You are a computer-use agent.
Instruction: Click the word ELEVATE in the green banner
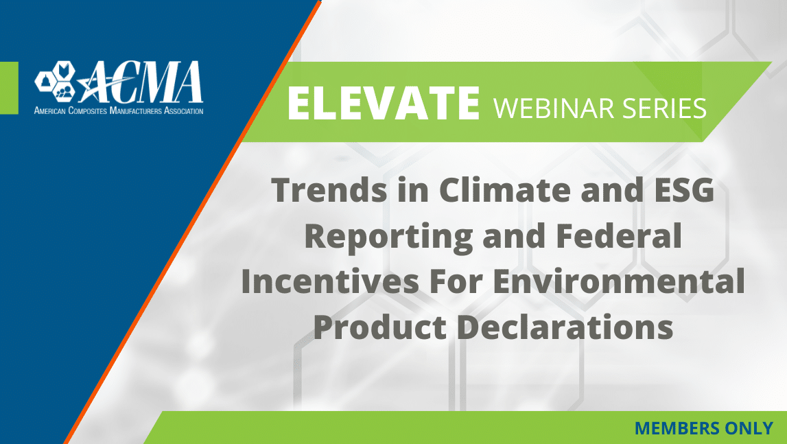point(384,103)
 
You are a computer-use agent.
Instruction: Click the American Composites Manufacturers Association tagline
point(119,110)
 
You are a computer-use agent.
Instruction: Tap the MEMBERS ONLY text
point(704,428)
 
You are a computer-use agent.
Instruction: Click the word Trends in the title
point(329,190)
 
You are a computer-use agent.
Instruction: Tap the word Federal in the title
point(619,235)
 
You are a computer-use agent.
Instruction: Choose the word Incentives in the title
point(330,281)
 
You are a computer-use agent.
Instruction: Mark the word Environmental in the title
point(618,281)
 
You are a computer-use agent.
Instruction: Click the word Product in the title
point(380,327)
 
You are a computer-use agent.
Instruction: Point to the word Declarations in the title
point(565,327)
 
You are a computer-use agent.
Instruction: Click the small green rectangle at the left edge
point(9,88)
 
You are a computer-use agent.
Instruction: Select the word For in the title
point(456,281)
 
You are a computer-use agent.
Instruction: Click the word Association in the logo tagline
point(184,110)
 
